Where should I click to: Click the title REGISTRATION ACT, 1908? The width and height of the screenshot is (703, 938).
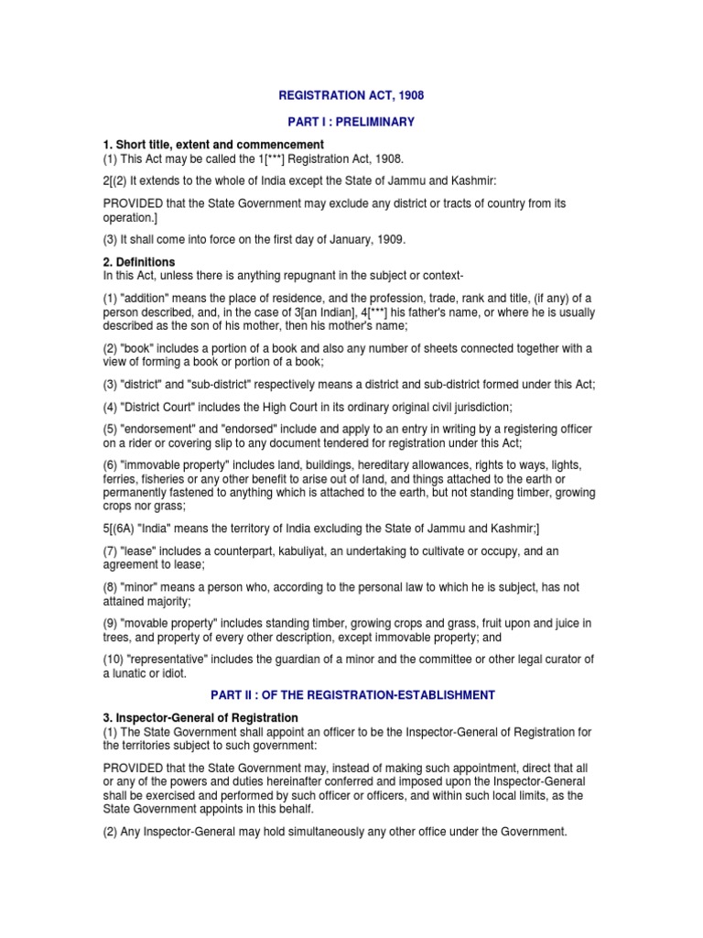point(351,95)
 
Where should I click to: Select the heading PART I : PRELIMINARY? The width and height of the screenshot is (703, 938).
point(351,122)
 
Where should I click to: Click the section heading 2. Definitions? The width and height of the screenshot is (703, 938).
point(138,262)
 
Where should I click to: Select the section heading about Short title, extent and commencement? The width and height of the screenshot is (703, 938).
point(213,145)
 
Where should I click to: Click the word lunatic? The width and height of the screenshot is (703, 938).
point(133,673)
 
